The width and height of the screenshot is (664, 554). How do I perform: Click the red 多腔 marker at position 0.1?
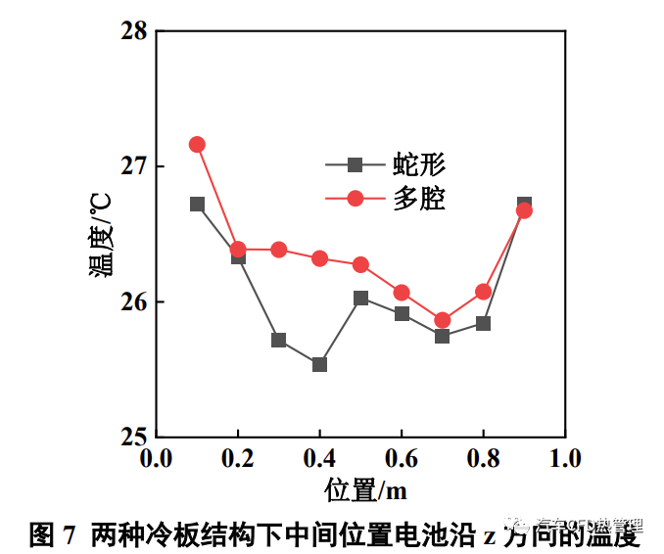[197, 144]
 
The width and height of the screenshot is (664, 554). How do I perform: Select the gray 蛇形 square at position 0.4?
[319, 364]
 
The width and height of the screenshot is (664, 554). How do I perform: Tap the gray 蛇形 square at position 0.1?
[197, 204]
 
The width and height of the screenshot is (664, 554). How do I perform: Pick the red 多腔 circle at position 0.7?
[442, 320]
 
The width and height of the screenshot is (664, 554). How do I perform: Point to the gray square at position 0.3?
[278, 340]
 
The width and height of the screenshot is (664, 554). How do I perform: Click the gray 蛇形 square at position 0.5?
[360, 298]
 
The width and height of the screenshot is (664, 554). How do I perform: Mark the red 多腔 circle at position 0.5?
[360, 264]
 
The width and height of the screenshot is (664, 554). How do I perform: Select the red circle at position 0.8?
[483, 291]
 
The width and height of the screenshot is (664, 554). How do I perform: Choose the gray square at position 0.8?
[483, 323]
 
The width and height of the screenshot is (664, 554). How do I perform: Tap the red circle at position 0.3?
[278, 250]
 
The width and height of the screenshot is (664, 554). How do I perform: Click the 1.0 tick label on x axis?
[564, 458]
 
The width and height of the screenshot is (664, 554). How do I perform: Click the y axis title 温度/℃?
[101, 234]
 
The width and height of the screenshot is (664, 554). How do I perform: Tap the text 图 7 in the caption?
[54, 534]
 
